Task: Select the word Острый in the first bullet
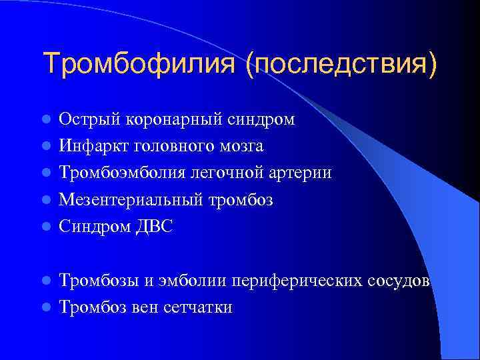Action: (x=85, y=119)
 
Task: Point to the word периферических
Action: (x=297, y=281)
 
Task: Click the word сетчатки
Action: (x=199, y=307)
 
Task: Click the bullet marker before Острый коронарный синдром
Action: (x=46, y=120)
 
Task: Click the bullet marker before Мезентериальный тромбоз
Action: (x=46, y=200)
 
